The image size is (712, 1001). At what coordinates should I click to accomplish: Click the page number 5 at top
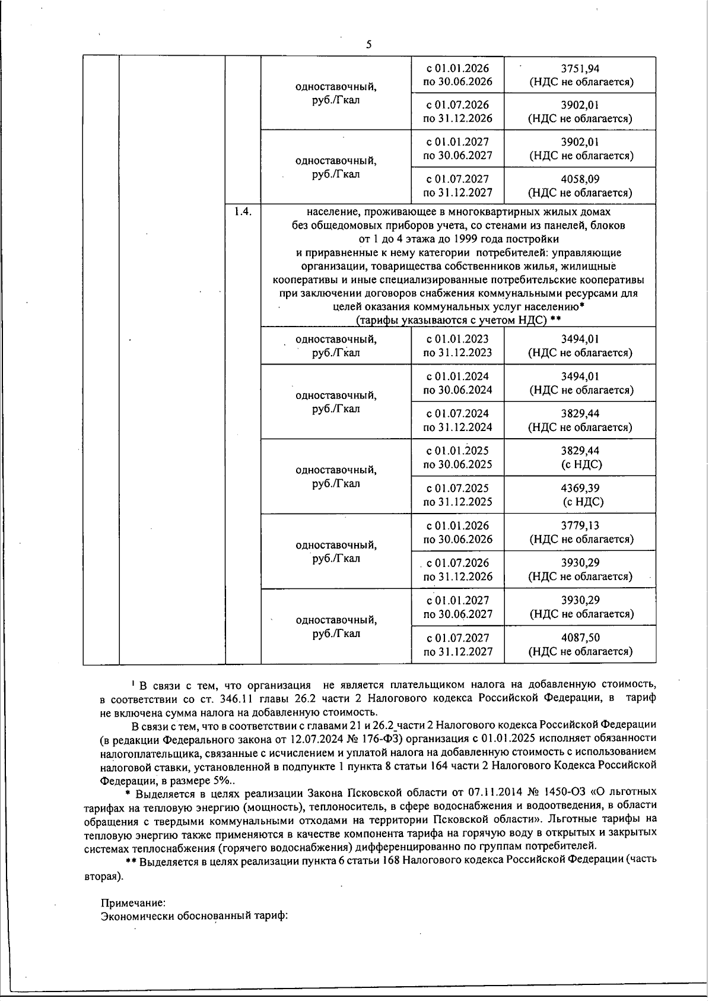pos(369,45)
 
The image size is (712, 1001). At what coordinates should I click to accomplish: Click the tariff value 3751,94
pos(580,68)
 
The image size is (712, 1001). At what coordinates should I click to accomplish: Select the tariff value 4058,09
pos(580,179)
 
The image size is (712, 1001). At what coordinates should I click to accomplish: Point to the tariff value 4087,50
pos(580,638)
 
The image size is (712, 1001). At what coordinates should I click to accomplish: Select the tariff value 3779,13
pos(580,525)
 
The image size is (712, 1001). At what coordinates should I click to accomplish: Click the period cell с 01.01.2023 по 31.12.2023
pos(457,346)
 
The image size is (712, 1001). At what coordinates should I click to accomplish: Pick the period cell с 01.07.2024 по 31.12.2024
pos(457,420)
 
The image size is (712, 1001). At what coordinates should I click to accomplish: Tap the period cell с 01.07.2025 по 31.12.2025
pos(457,495)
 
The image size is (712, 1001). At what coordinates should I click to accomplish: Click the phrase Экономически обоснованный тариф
pos(194,916)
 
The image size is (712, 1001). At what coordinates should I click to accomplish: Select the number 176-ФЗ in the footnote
pos(384,739)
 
